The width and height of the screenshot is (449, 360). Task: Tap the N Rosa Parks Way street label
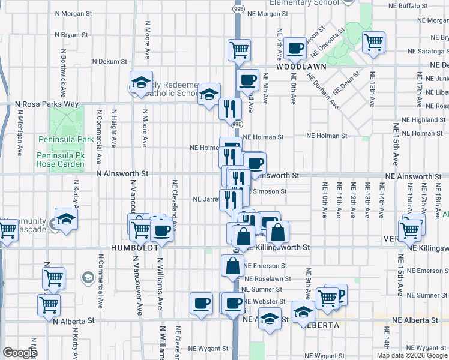pyautogui.click(x=47, y=104)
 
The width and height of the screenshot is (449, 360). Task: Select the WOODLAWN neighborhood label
pyautogui.click(x=296, y=68)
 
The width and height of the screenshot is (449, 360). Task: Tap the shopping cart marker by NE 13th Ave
pyautogui.click(x=373, y=42)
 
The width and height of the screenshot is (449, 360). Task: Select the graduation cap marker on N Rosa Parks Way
pyautogui.click(x=209, y=94)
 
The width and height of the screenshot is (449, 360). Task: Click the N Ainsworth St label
pyautogui.click(x=122, y=173)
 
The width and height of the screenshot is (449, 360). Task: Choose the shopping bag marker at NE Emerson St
pyautogui.click(x=232, y=266)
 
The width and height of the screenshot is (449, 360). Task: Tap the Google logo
pyautogui.click(x=20, y=353)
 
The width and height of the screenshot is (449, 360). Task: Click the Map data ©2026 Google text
pyautogui.click(x=412, y=355)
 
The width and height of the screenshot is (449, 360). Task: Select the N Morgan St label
pyautogui.click(x=74, y=13)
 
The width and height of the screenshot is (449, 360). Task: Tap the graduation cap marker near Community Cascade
pyautogui.click(x=66, y=220)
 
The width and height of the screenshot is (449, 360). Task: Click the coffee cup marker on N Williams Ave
pyautogui.click(x=161, y=230)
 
